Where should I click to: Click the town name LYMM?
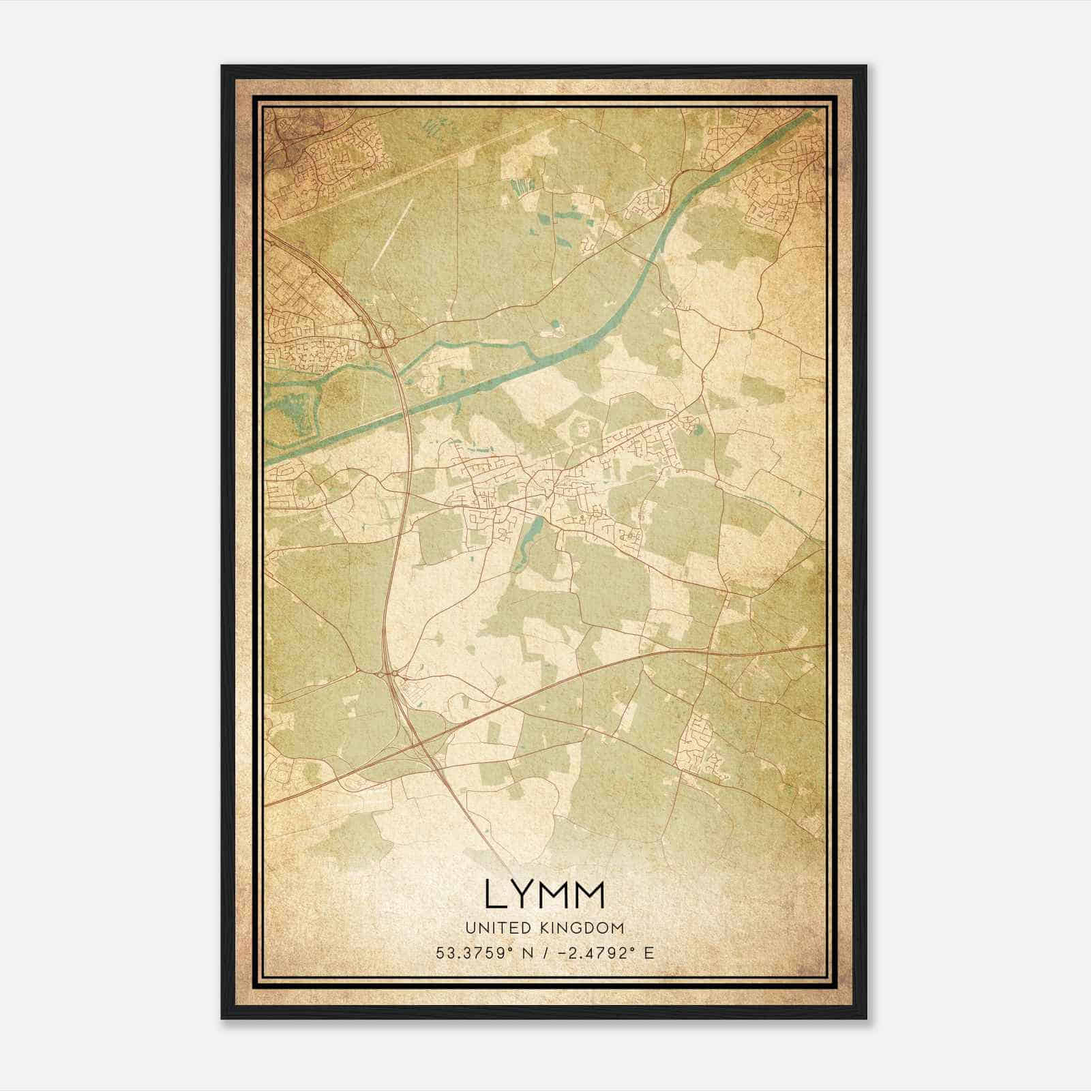click(x=544, y=894)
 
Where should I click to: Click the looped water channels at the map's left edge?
click(x=293, y=409)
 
